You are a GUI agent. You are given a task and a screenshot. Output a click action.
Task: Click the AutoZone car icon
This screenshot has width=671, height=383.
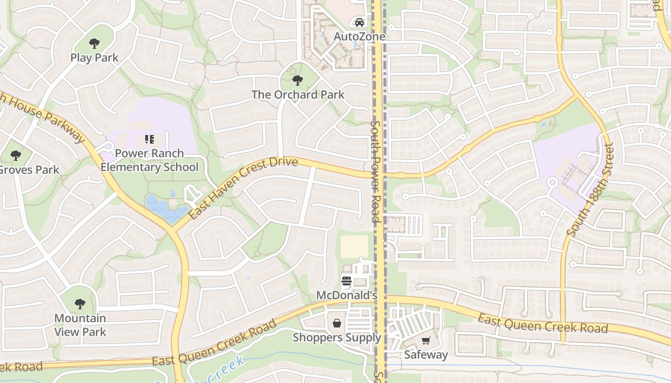[359, 22]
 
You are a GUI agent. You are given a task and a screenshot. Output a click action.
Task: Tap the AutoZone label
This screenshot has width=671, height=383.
[359, 36]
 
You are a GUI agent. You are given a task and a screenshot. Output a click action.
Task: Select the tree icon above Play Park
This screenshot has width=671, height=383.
[94, 43]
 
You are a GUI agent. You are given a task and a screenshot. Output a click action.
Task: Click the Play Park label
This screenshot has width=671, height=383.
[94, 57]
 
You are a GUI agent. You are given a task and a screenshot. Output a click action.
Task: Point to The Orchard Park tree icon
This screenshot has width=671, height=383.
[298, 80]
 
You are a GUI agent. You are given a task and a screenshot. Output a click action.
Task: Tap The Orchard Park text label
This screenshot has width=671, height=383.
[298, 94]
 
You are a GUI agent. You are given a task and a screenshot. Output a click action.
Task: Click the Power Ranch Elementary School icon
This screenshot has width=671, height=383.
[149, 139]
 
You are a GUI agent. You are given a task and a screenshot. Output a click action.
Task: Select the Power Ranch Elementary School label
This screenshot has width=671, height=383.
[149, 160]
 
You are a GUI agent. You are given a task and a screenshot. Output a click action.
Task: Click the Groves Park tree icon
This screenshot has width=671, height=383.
[16, 156]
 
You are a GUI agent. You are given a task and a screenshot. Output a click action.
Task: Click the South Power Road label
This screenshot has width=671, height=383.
[375, 171]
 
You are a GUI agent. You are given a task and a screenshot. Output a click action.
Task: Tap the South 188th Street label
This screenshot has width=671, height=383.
[590, 190]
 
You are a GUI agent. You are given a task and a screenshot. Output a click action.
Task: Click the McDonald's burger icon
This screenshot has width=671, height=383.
[347, 282]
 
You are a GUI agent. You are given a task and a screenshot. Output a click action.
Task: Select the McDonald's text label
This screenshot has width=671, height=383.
[347, 296]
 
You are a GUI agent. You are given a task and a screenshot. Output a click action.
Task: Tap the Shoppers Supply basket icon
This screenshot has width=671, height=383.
[337, 323]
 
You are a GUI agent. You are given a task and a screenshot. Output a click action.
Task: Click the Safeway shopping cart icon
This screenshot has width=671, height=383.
[426, 340]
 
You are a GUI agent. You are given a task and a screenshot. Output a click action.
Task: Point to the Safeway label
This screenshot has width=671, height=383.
[426, 355]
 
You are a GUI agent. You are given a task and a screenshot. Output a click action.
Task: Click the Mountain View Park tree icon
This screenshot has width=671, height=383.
[80, 304]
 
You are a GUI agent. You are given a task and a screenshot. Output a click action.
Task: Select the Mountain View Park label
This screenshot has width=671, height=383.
[80, 325]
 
